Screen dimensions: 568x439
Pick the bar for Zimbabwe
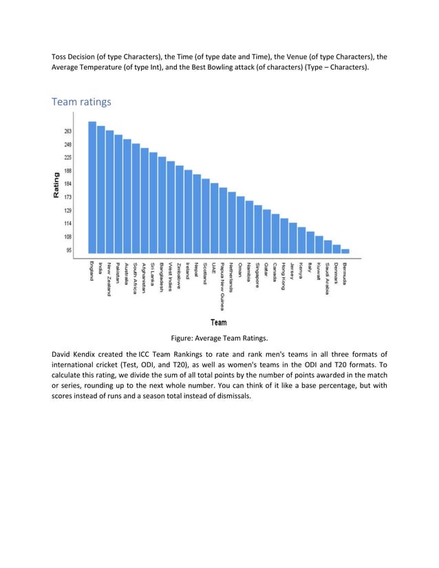[180, 210]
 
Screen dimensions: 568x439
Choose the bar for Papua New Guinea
[223, 221]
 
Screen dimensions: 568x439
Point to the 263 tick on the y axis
[68, 131]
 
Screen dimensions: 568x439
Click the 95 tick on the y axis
[69, 250]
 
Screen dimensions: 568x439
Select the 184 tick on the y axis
[68, 184]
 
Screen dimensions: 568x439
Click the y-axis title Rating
[56, 186]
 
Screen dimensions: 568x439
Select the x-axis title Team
[219, 322]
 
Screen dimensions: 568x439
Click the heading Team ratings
[81, 102]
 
